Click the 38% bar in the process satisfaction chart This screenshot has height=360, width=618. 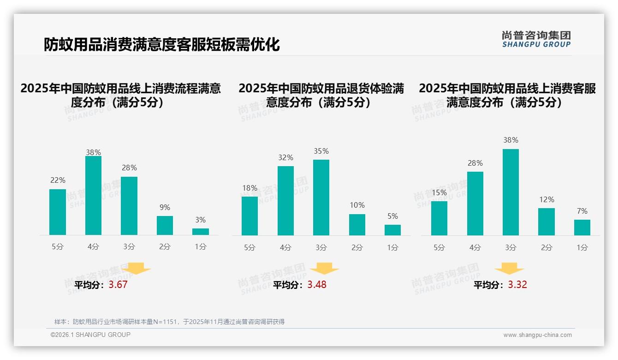(x=93, y=196)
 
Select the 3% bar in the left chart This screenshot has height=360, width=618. (x=201, y=232)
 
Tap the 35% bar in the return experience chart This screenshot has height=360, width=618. (x=321, y=198)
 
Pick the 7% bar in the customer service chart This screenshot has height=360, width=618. (x=582, y=228)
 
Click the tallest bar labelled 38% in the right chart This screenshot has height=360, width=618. (x=511, y=192)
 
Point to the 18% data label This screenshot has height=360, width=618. (x=250, y=188)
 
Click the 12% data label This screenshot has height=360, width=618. (x=547, y=199)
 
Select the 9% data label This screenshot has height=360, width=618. (x=165, y=207)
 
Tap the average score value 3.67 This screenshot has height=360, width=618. (x=118, y=285)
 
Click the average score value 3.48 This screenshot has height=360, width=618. (x=317, y=285)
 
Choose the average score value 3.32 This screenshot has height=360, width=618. (x=517, y=285)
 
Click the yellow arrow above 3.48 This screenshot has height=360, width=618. (x=324, y=269)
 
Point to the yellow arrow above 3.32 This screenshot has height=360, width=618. (x=509, y=269)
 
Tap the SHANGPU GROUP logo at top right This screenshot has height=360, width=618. (x=536, y=39)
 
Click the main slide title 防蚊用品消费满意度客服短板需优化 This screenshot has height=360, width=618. (x=162, y=45)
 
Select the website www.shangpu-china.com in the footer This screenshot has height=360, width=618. (x=537, y=335)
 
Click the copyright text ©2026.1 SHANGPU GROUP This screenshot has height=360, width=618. (x=90, y=335)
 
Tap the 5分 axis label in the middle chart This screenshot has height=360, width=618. (x=250, y=248)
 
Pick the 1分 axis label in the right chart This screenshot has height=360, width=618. (x=582, y=248)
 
